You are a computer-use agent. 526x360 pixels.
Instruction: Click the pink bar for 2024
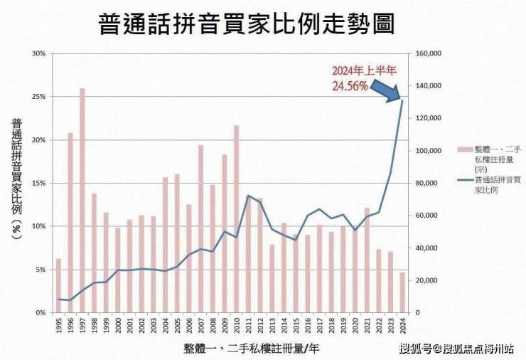click(402, 292)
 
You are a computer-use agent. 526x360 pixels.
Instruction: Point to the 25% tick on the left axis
click(40, 97)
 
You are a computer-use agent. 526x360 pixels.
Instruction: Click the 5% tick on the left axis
click(41, 270)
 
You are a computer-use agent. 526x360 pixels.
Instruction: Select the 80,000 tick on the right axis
click(426, 183)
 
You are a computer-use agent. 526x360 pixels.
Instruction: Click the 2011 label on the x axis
click(249, 325)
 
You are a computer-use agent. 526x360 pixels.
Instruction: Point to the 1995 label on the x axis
click(58, 325)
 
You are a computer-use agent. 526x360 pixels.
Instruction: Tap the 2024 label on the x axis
click(403, 325)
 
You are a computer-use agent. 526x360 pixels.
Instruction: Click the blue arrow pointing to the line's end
click(388, 88)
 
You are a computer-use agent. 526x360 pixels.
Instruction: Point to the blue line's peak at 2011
click(248, 196)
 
